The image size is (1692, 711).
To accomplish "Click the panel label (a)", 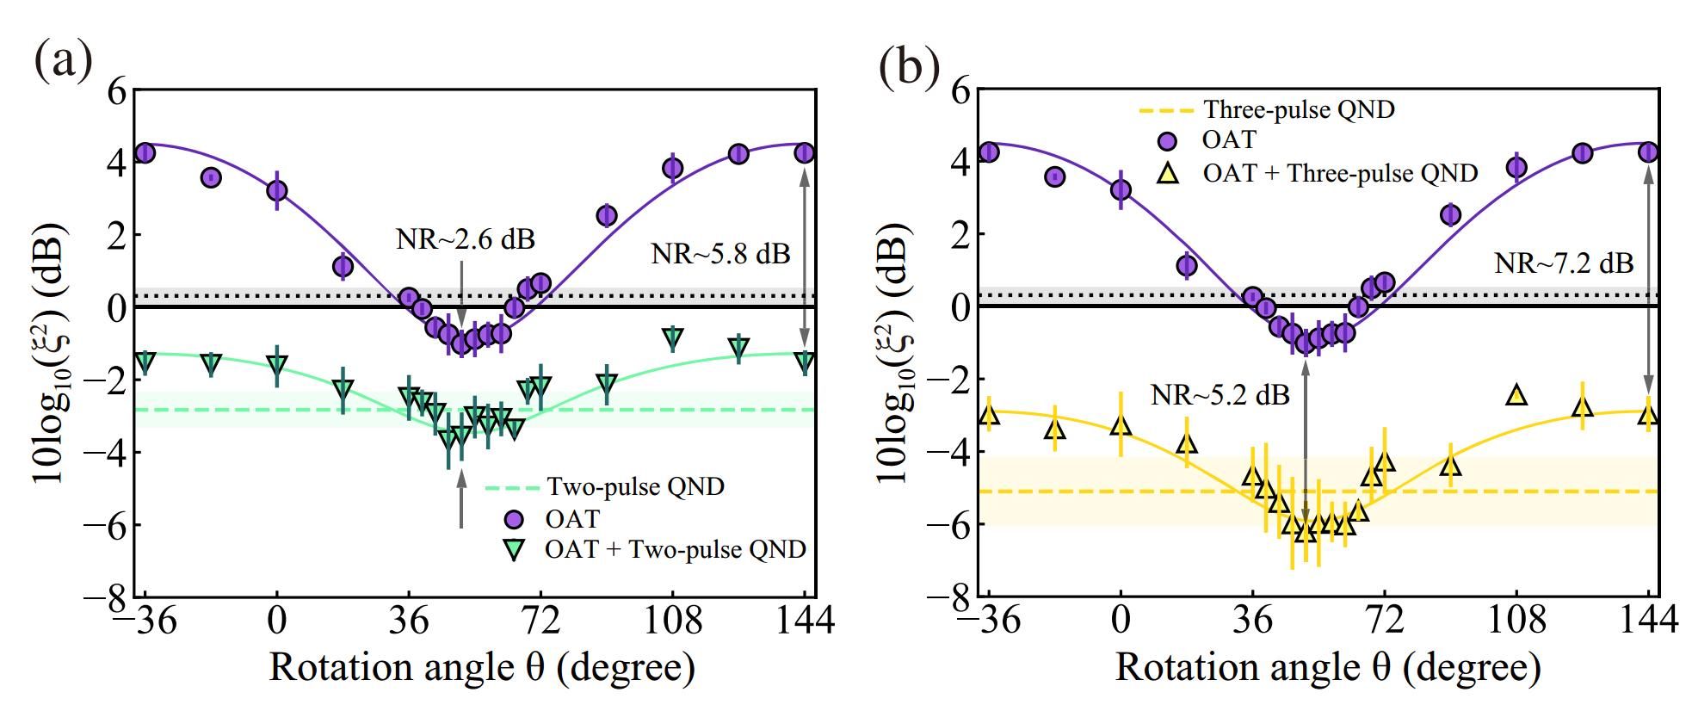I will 62,62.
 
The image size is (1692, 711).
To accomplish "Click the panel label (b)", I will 909,67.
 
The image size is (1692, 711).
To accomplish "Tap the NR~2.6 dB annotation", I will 465,239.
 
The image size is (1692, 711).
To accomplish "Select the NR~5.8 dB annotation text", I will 719,254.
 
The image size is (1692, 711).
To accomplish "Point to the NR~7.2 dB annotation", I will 1563,263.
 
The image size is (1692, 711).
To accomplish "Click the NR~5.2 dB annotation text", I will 1220,395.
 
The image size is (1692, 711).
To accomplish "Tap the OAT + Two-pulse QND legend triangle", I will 515,550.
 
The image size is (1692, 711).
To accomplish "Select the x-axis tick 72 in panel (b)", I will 1384,620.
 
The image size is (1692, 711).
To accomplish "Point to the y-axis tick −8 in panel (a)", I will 107,596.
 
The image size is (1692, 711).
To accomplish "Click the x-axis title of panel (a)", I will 482,668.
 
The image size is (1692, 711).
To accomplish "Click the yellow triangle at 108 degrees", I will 1516,395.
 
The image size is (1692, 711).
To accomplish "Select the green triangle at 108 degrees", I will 673,337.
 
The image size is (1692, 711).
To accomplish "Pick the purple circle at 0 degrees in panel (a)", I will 276,190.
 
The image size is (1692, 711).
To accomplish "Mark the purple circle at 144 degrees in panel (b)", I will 1648,152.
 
